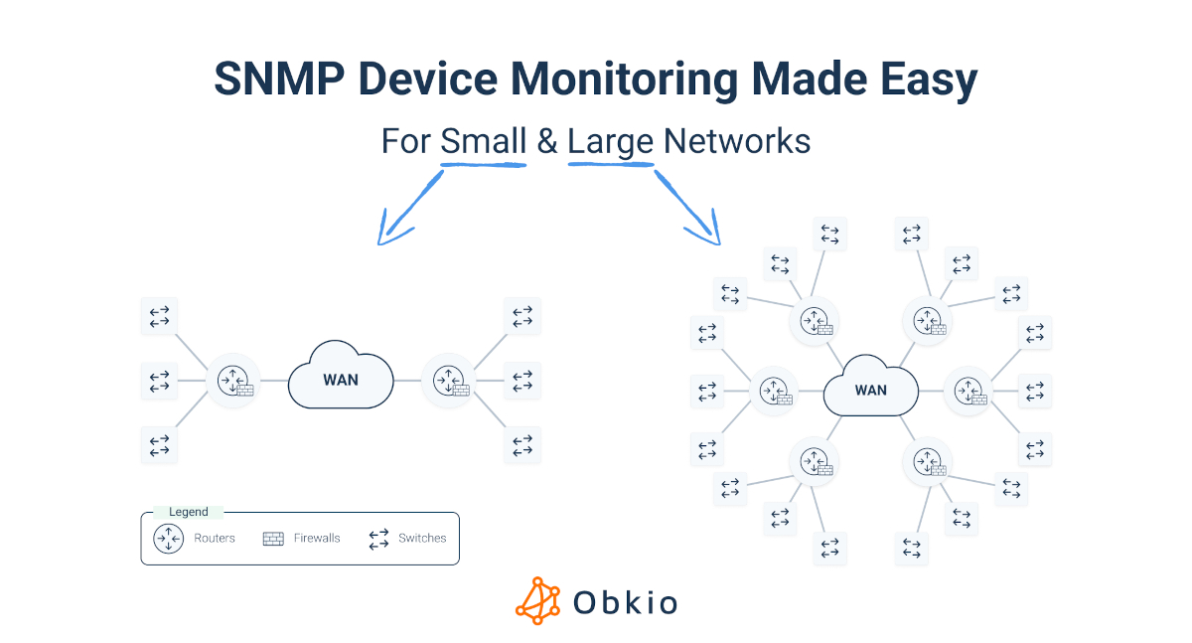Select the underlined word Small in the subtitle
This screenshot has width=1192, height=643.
tap(483, 141)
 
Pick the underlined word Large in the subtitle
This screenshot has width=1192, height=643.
tap(610, 141)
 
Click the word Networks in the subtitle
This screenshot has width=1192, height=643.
tap(737, 141)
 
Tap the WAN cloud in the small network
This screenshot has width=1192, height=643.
tap(341, 379)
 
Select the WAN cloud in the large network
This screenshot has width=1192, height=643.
tap(870, 389)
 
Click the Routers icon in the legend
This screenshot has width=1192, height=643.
tap(168, 539)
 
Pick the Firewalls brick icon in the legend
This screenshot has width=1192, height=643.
tap(273, 539)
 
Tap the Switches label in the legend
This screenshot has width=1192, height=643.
tap(422, 539)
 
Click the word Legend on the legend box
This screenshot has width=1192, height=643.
tap(189, 512)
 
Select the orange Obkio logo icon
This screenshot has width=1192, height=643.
tap(537, 601)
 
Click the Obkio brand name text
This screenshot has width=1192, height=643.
tap(626, 602)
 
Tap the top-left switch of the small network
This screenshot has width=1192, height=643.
tap(159, 316)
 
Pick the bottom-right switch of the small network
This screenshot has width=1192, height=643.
tap(522, 445)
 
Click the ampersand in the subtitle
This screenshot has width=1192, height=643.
tap(547, 141)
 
